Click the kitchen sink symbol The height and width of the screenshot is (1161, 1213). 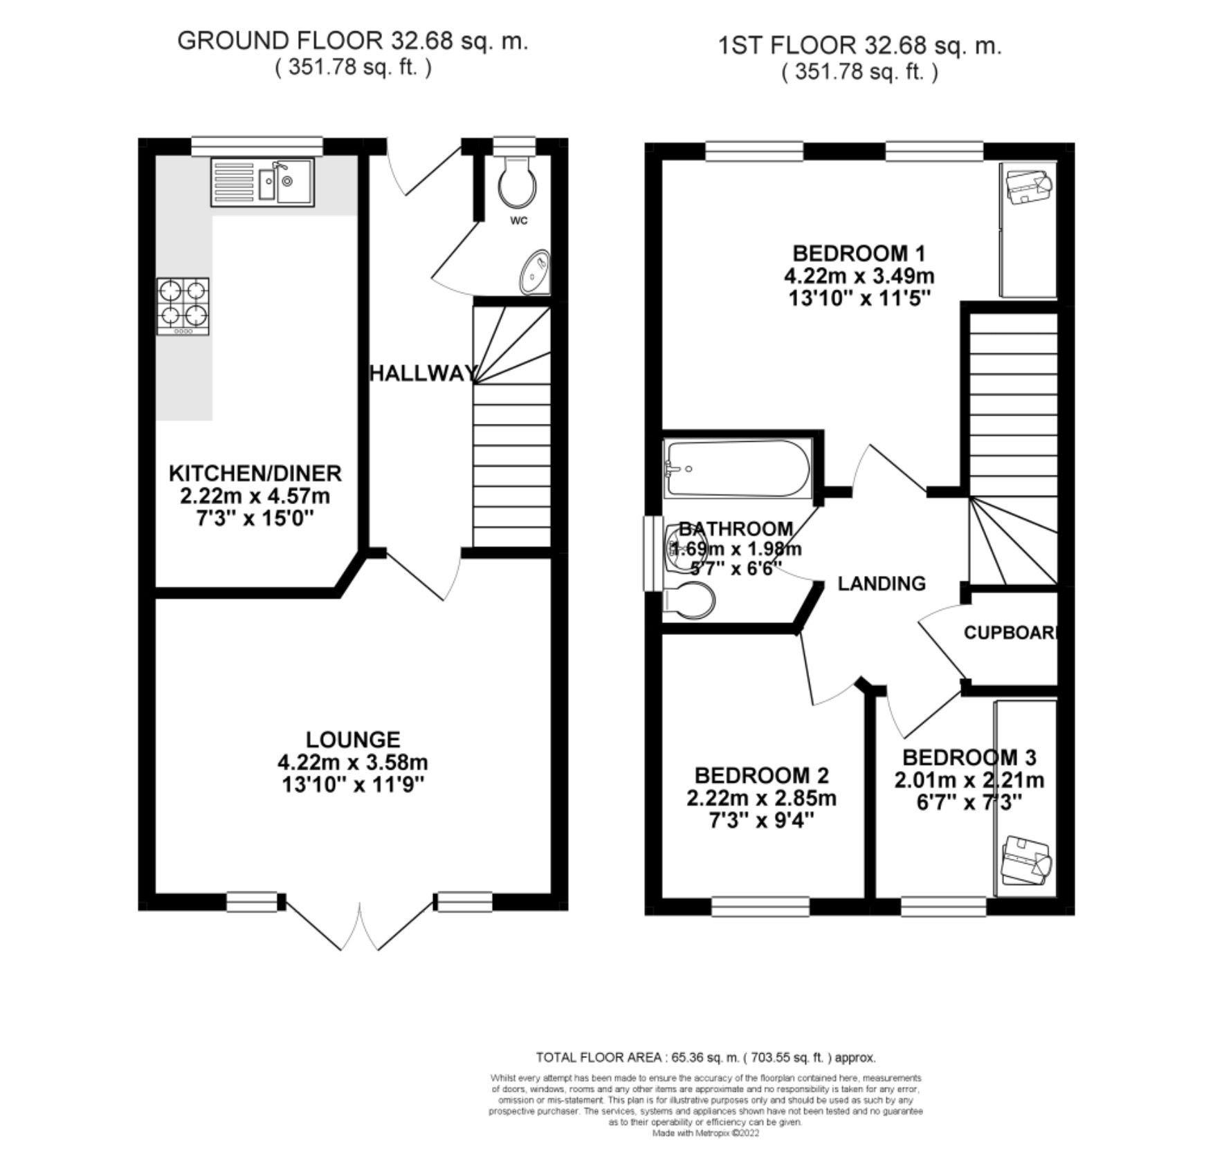click(263, 183)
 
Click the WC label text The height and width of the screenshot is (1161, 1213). click(519, 221)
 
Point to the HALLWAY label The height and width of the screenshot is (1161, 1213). click(423, 373)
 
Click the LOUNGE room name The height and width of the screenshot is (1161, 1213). click(353, 740)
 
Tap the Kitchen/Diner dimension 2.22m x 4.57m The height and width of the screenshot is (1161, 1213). click(255, 496)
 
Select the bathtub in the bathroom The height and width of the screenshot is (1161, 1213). click(736, 468)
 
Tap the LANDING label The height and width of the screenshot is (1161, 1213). click(882, 584)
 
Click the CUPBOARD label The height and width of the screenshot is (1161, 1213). click(1010, 632)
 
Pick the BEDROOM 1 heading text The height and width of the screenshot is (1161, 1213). click(859, 253)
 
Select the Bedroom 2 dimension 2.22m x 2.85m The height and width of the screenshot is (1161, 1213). click(761, 799)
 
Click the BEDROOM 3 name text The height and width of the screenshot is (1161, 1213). click(969, 757)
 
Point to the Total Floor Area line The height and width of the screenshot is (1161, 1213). click(706, 1057)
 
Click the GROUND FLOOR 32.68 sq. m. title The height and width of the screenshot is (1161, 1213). click(353, 41)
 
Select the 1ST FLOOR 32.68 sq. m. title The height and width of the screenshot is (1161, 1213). click(860, 46)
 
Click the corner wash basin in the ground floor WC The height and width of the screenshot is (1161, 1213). click(536, 272)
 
